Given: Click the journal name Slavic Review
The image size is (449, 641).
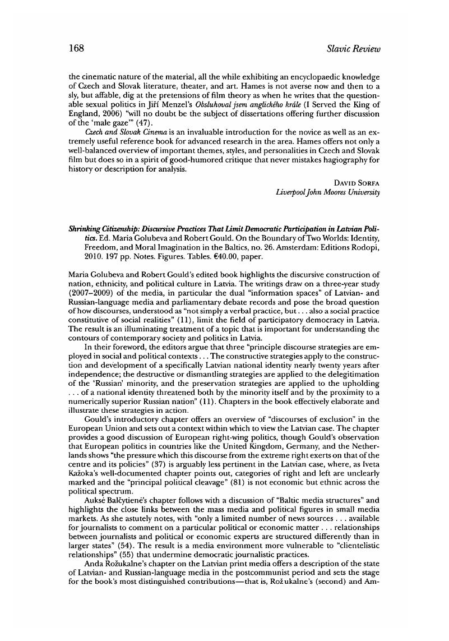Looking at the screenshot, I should pos(353,49).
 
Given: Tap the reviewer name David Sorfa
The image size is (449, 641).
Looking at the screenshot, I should pos(358,183).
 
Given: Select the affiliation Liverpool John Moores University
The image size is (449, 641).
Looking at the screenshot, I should pos(328,192).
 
